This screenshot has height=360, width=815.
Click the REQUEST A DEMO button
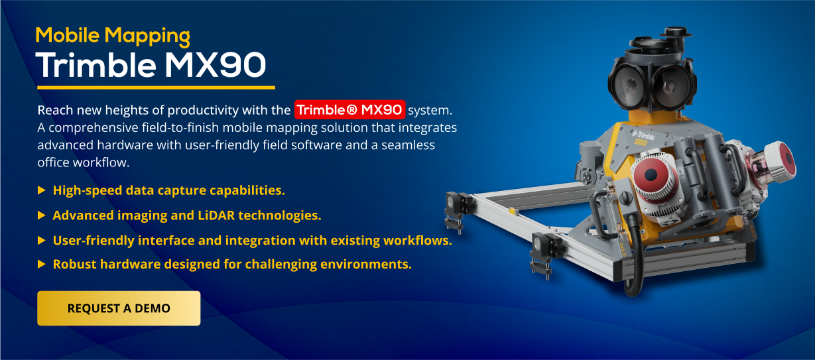coord(119,308)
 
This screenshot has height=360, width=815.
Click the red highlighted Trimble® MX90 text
coord(349,109)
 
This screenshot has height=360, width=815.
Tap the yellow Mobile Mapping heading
coord(113,36)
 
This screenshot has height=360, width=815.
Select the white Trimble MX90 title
coord(151,66)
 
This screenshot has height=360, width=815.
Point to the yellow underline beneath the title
coord(156,88)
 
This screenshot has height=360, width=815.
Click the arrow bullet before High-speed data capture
coord(42,190)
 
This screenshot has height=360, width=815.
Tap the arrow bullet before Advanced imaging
coord(42,215)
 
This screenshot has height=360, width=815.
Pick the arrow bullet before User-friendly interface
coord(42,241)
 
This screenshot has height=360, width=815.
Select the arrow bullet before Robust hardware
coord(42,264)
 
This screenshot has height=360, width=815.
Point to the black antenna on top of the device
coord(676,32)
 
